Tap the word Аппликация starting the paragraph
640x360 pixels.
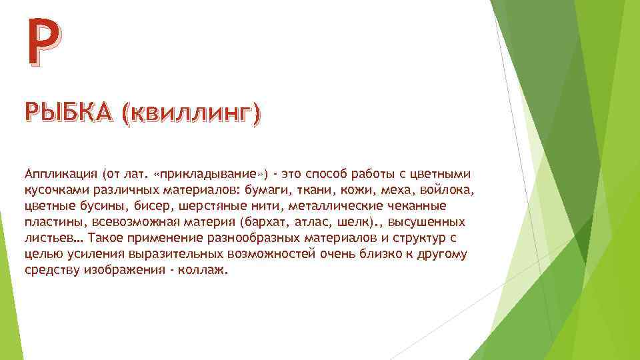point(61,175)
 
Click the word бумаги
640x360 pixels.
point(285,191)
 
